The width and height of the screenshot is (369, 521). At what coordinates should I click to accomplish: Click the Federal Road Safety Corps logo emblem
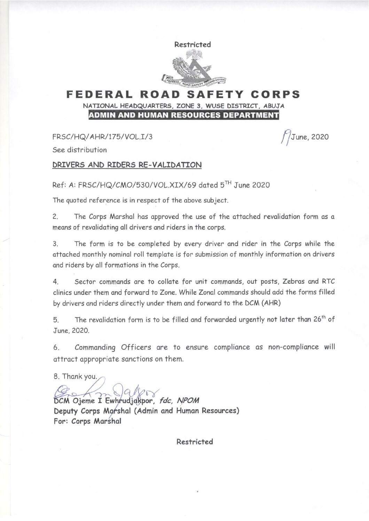click(x=194, y=68)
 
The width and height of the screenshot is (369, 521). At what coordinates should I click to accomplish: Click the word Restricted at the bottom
click(x=195, y=442)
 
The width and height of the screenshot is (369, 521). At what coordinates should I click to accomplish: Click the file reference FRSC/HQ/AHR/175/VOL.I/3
click(x=102, y=137)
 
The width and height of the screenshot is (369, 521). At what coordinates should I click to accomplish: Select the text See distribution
click(x=79, y=150)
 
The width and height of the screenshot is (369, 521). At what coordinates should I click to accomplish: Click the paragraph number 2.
click(x=55, y=217)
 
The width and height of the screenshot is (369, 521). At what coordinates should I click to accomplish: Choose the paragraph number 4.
click(x=55, y=282)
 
